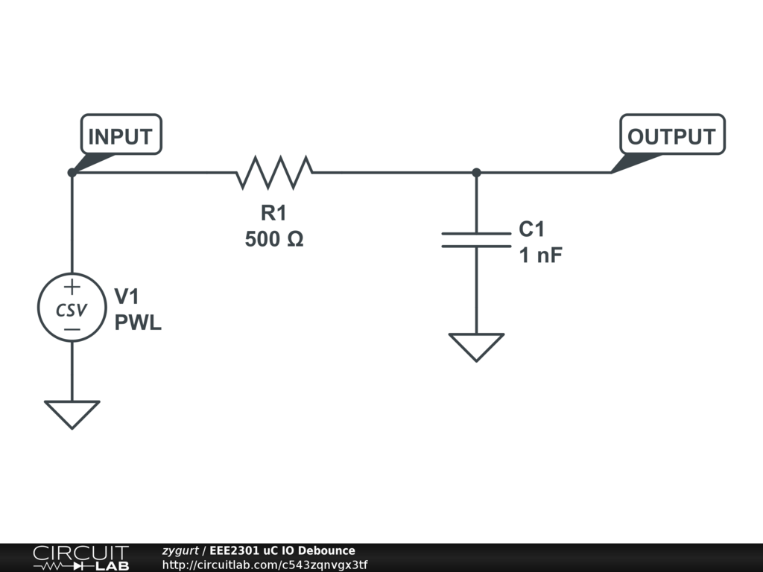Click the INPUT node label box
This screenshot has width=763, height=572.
pyautogui.click(x=121, y=135)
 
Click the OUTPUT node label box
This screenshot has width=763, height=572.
pyautogui.click(x=672, y=135)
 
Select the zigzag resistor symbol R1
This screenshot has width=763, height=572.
pyautogui.click(x=274, y=172)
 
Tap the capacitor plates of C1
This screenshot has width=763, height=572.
pyautogui.click(x=476, y=240)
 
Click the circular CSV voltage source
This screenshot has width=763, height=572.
pyautogui.click(x=72, y=308)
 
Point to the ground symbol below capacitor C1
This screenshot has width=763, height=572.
pyautogui.click(x=476, y=347)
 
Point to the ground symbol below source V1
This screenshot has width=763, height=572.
pyautogui.click(x=72, y=414)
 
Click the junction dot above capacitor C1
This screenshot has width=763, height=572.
pyautogui.click(x=476, y=173)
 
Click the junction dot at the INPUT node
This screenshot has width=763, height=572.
pyautogui.click(x=72, y=173)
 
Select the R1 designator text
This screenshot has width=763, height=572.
pyautogui.click(x=273, y=213)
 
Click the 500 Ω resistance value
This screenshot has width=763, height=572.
pyautogui.click(x=274, y=239)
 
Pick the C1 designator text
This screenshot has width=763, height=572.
pyautogui.click(x=531, y=229)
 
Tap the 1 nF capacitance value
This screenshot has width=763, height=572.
pyautogui.click(x=541, y=255)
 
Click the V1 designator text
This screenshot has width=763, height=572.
pyautogui.click(x=127, y=296)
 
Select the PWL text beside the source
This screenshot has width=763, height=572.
pyautogui.click(x=138, y=322)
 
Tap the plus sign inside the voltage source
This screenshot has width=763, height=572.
pyautogui.click(x=72, y=287)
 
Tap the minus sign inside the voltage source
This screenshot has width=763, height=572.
pyautogui.click(x=72, y=329)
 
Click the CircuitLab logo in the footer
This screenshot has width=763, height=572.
pyautogui.click(x=81, y=557)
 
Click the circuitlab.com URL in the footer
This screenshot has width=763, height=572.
pyautogui.click(x=265, y=565)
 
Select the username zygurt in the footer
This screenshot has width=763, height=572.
pyautogui.click(x=180, y=550)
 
